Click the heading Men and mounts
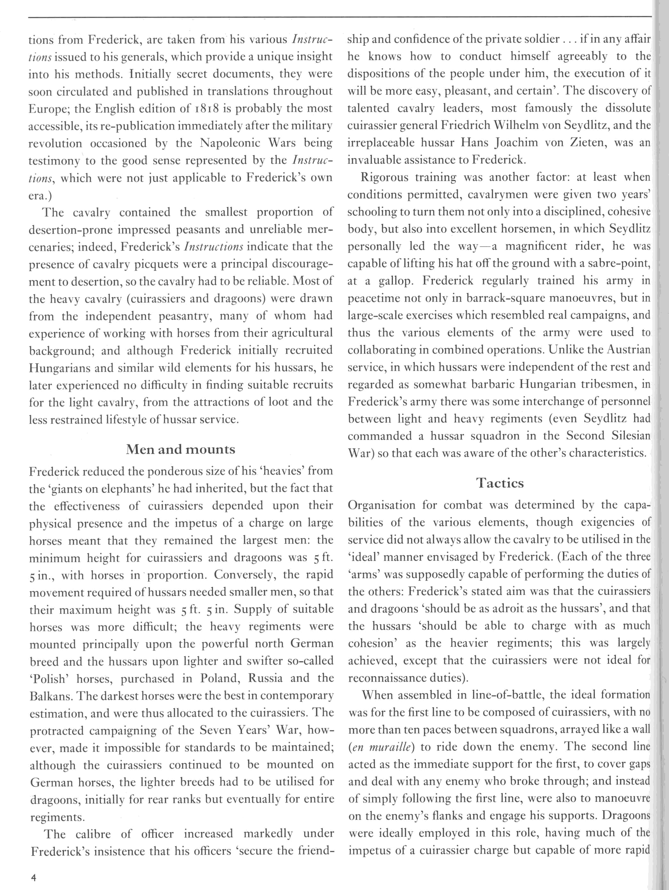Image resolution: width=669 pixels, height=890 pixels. [x=181, y=449]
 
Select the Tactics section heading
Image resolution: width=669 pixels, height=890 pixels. [x=500, y=482]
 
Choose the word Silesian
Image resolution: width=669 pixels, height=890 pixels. [x=628, y=436]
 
